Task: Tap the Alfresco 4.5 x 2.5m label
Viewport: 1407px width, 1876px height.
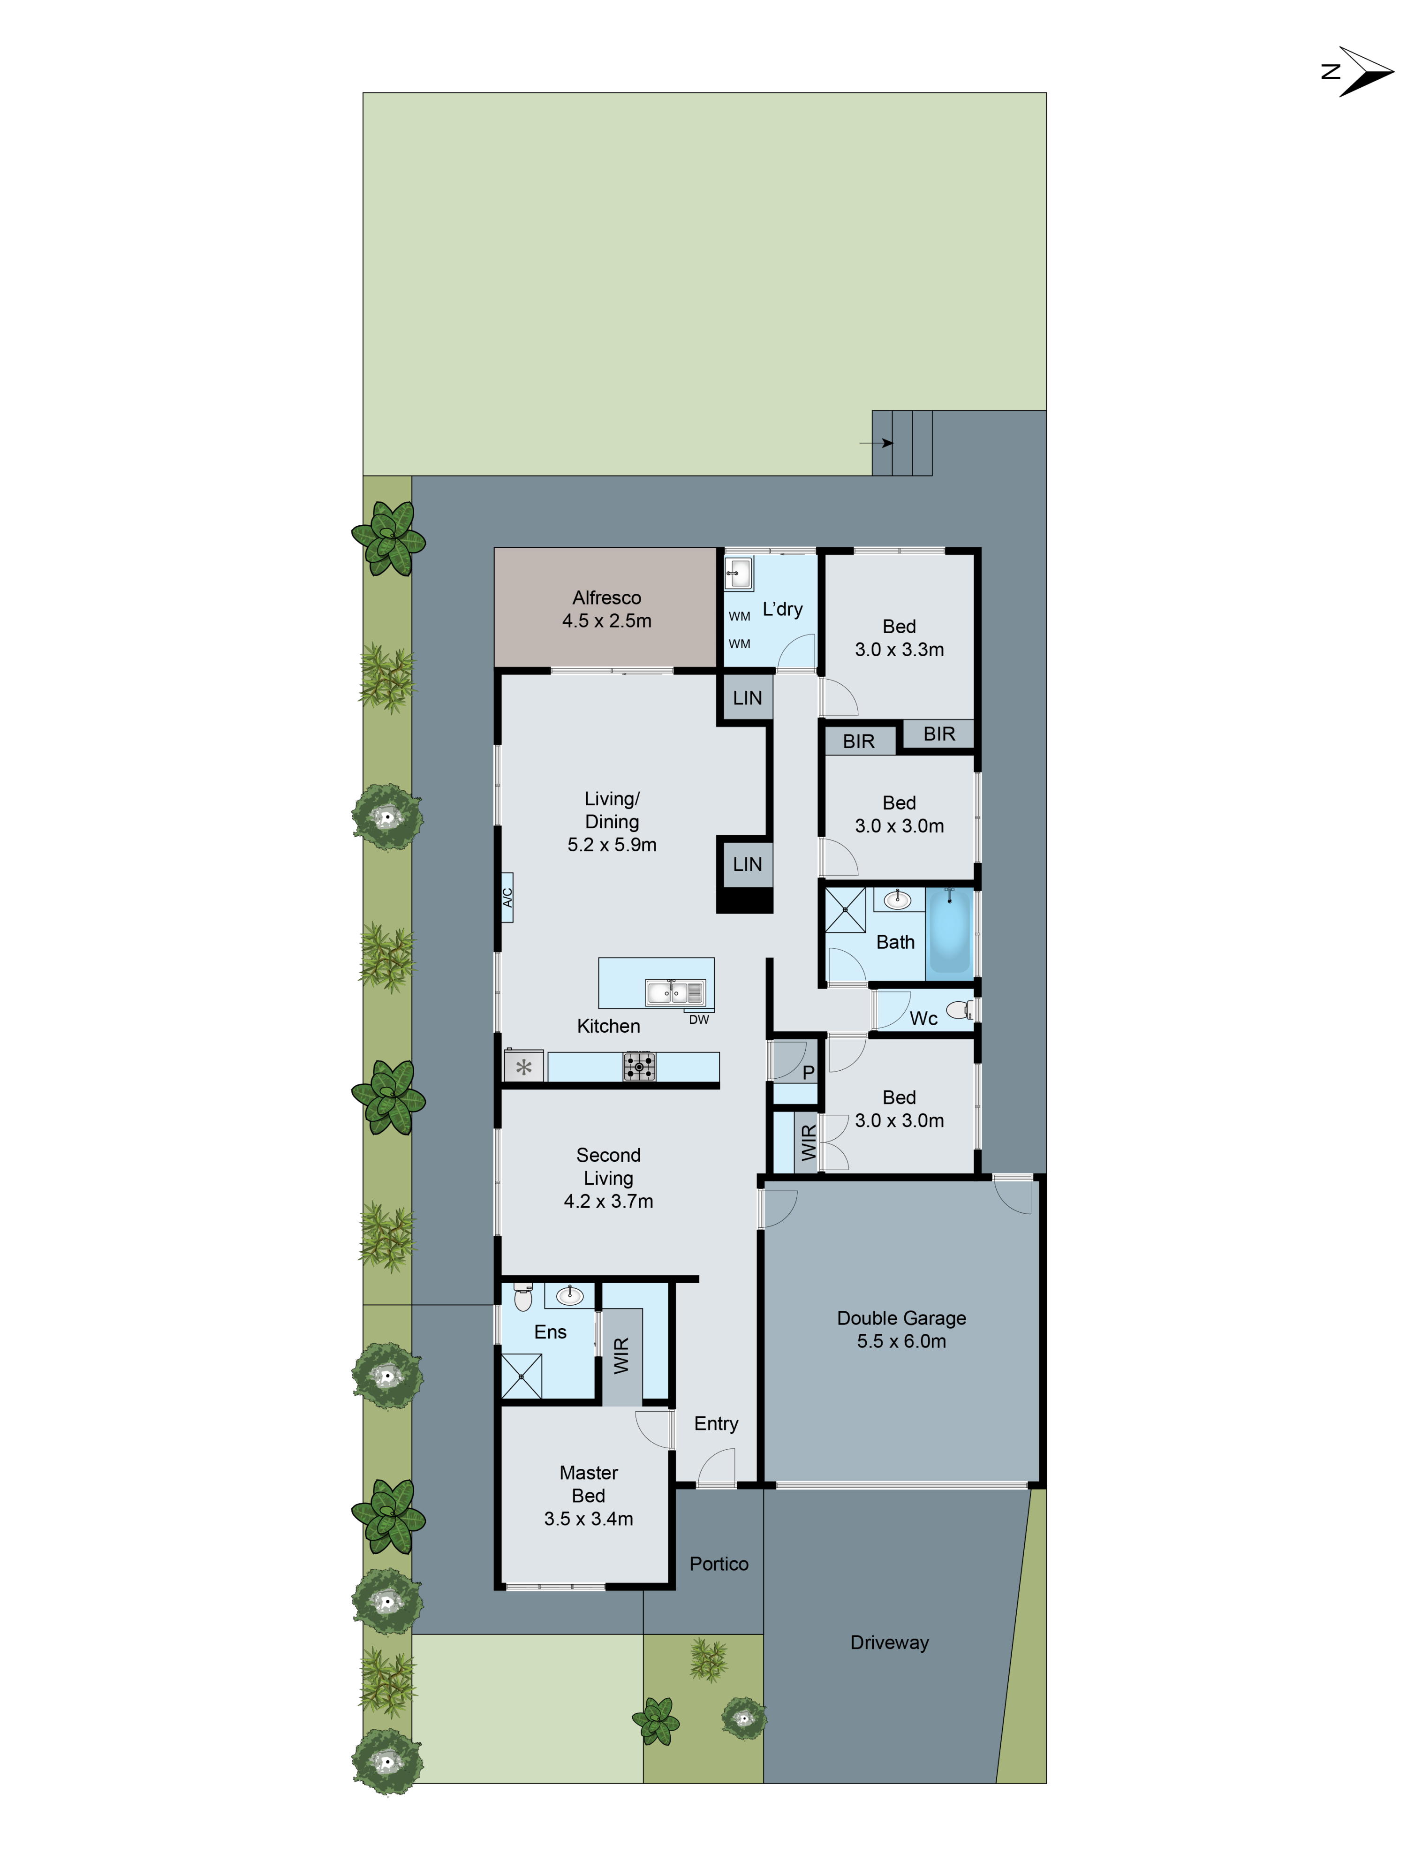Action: pyautogui.click(x=606, y=609)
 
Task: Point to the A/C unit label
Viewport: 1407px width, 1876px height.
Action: pyautogui.click(x=507, y=896)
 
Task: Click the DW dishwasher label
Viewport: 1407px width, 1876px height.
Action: pyautogui.click(x=698, y=1020)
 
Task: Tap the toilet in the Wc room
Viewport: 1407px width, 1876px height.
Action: pyautogui.click(x=959, y=1009)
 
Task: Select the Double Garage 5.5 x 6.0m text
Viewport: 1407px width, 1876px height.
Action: pyautogui.click(x=900, y=1329)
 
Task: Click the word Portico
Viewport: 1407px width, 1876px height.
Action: pyautogui.click(x=719, y=1563)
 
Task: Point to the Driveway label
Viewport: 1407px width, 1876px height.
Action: pyautogui.click(x=889, y=1642)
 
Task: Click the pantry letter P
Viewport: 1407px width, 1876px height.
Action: pyautogui.click(x=808, y=1072)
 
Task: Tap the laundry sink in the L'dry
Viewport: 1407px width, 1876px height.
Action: pyautogui.click(x=738, y=573)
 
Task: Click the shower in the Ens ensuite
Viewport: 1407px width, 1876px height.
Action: pyautogui.click(x=521, y=1376)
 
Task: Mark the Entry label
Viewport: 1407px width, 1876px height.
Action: pyautogui.click(x=716, y=1423)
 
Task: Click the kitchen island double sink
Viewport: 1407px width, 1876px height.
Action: pyautogui.click(x=674, y=991)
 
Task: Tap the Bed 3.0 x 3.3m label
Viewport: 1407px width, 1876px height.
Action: pyautogui.click(x=899, y=638)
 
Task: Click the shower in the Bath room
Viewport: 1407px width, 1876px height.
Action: pyautogui.click(x=845, y=909)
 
